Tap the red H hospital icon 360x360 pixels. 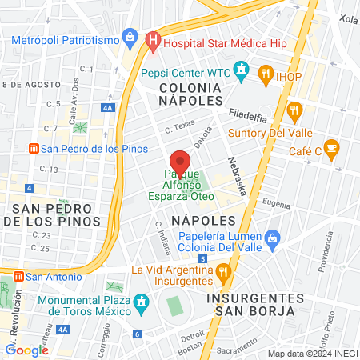tap(154, 38)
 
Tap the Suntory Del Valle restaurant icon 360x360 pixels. tap(294, 110)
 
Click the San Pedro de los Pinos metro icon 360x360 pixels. tap(34, 148)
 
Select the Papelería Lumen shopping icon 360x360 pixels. tap(273, 237)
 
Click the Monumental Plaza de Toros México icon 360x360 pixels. tap(142, 302)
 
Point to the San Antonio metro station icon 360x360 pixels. tap(18, 277)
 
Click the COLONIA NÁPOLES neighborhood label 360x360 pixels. tap(190, 93)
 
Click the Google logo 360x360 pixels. tap(26, 350)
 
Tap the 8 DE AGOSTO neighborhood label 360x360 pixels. tap(31, 83)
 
